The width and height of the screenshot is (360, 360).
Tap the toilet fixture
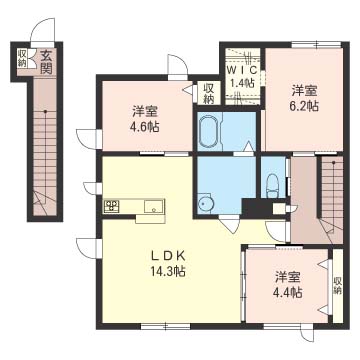[x=273, y=186]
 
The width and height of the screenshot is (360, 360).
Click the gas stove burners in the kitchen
[x=111, y=205]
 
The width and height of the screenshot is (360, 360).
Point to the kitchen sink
[x=154, y=206]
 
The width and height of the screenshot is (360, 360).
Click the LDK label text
[x=168, y=257]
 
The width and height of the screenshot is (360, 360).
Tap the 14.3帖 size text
[x=168, y=272]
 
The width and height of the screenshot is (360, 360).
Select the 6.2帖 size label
[x=304, y=106]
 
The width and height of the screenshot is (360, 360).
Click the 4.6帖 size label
[x=145, y=126]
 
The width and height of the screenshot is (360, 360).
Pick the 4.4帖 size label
[x=289, y=292]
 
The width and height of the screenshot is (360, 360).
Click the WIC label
[x=243, y=70]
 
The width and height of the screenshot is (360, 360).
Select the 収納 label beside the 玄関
[x=23, y=57]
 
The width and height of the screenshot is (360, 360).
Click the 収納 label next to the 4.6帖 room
[x=208, y=94]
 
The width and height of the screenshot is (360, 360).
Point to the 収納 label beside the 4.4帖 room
[x=337, y=286]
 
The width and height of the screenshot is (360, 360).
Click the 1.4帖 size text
[x=243, y=83]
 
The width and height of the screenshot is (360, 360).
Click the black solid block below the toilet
[x=258, y=208]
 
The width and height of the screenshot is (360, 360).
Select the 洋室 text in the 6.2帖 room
[x=304, y=90]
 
